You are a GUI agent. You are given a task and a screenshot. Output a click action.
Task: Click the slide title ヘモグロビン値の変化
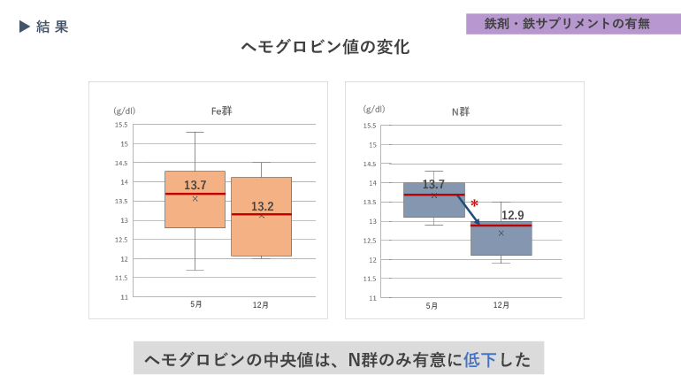point(325,48)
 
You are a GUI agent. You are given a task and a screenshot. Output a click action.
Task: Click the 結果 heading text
point(52,27)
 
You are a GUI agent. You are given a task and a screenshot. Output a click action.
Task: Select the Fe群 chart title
point(221,111)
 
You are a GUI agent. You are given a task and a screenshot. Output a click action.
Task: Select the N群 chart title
point(461,111)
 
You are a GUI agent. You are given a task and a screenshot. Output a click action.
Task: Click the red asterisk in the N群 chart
point(475,204)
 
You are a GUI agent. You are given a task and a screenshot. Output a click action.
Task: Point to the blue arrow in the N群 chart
point(468,210)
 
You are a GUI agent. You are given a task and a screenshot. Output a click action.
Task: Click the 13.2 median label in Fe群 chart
point(262,206)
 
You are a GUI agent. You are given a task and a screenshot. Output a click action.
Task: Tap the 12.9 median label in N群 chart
point(513,215)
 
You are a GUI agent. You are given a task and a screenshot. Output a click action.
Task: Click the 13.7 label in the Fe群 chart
point(195,185)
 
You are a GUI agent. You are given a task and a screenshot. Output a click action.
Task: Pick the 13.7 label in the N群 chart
point(433,184)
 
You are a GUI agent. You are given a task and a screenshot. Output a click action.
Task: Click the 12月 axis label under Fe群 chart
point(261,304)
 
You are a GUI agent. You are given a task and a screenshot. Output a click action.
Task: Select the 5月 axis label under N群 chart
point(432,305)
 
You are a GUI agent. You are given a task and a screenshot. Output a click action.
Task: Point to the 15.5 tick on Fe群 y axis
point(121,125)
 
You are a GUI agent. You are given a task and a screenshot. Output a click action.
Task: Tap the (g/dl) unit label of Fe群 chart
point(124,111)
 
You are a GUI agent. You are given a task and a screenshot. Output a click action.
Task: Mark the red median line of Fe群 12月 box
point(262,214)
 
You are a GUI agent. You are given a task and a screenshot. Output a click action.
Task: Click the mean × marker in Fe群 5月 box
point(195,198)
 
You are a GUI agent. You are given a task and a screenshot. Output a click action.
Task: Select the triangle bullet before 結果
point(25,27)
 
